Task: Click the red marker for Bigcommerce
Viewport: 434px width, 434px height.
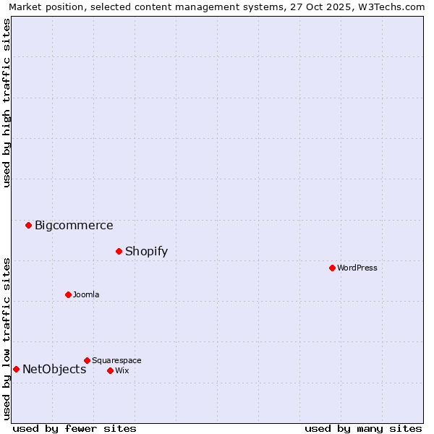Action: (28, 225)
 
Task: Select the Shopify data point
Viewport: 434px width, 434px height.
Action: (119, 251)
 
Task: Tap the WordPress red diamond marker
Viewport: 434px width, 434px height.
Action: (332, 268)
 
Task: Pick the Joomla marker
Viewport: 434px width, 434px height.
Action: (68, 294)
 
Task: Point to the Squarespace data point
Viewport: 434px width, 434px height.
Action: (87, 360)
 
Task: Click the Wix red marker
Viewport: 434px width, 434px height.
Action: (110, 370)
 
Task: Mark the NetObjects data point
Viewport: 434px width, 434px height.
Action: (16, 369)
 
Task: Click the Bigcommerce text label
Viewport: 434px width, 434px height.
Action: (74, 225)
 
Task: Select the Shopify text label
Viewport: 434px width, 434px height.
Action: (146, 251)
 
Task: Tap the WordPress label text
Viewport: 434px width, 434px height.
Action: (357, 268)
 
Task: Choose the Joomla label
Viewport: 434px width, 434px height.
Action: (86, 294)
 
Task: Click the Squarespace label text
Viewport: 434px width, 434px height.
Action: (116, 360)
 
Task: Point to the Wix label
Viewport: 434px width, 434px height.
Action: (122, 370)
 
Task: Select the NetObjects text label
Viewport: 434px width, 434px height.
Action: (54, 369)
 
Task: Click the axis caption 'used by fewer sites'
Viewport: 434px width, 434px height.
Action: (75, 428)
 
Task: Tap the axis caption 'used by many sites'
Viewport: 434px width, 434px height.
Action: (363, 428)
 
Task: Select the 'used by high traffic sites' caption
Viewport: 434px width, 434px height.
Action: (7, 103)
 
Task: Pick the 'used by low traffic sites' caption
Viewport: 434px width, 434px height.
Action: (7, 338)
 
